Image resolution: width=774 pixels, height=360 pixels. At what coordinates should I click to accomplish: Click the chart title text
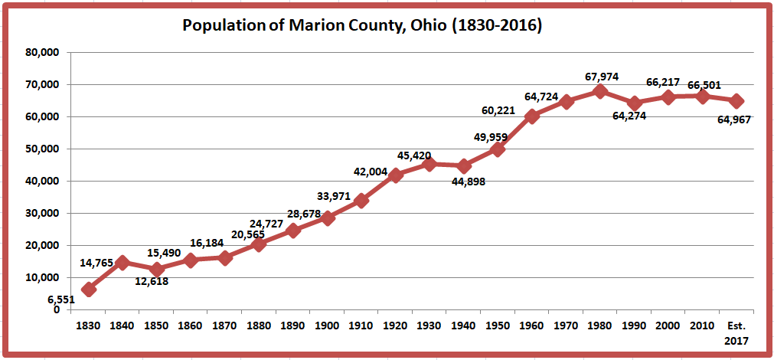[362, 25]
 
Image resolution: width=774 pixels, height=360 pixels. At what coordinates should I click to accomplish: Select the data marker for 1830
[89, 289]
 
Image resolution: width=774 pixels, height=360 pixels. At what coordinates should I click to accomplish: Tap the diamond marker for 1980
[599, 91]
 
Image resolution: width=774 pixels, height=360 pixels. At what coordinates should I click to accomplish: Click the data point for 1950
[498, 149]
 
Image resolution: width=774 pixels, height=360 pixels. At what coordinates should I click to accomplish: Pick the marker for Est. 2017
[736, 101]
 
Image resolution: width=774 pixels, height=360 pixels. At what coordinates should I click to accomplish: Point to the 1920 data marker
[395, 175]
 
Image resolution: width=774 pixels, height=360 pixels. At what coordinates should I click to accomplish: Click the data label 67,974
[601, 77]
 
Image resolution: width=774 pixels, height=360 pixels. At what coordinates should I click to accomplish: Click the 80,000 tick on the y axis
[43, 53]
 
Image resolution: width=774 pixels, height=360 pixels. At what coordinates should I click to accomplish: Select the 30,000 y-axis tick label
[43, 214]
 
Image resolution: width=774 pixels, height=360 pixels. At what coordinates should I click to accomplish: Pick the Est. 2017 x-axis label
[736, 332]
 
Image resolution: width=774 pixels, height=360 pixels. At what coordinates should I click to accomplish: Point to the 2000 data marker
[668, 97]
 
